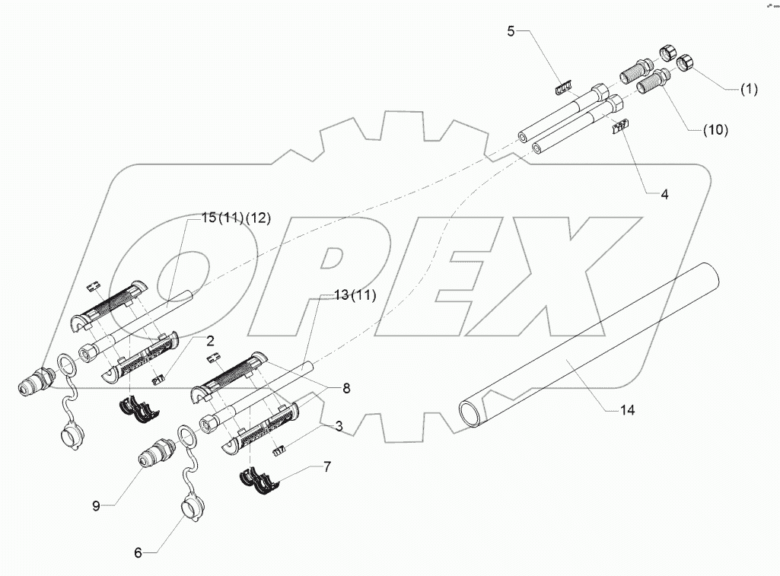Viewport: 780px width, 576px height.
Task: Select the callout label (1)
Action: tap(749, 89)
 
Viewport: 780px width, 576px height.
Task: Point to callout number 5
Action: tap(511, 31)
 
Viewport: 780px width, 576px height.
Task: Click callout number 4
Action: tap(664, 194)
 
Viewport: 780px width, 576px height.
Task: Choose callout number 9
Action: tap(97, 505)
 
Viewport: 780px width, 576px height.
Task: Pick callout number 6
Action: tap(138, 553)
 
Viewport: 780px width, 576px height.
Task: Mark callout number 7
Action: tap(326, 466)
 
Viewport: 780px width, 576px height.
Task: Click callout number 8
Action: tap(346, 389)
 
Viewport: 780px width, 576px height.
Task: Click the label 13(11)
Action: tap(346, 296)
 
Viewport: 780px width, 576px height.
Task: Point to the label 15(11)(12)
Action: tap(235, 218)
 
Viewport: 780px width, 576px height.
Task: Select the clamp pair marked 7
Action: tap(259, 479)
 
